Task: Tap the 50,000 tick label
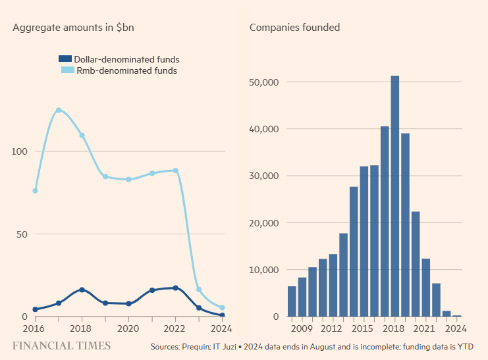(x=265, y=82)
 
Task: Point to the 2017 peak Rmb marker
(x=59, y=110)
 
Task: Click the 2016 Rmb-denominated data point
(x=35, y=191)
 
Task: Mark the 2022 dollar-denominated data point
(x=176, y=288)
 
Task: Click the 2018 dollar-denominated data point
(x=82, y=290)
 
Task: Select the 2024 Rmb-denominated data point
(x=223, y=307)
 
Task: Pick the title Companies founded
(x=294, y=28)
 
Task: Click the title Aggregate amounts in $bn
(x=74, y=28)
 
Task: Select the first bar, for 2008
(x=292, y=301)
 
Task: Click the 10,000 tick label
(x=265, y=270)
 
